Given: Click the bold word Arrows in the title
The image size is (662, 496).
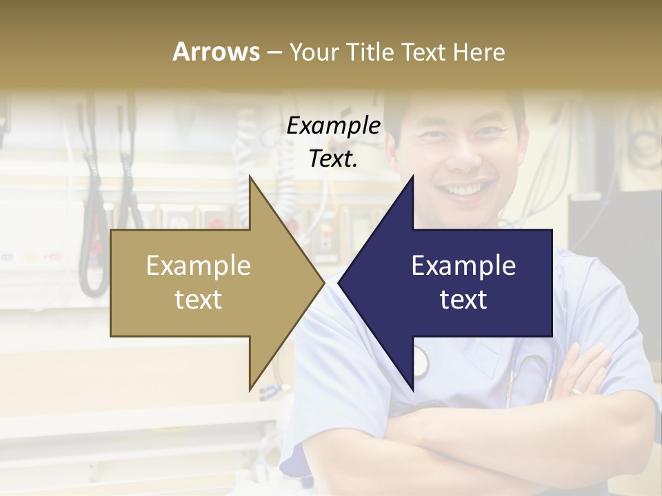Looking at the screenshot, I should [x=216, y=52].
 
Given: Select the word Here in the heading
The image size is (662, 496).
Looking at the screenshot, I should [x=479, y=52].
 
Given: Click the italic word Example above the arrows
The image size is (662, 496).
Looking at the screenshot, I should [x=333, y=126].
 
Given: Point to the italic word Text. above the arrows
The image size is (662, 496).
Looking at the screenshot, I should [x=333, y=159].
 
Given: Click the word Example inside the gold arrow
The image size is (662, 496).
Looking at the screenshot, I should [x=199, y=265].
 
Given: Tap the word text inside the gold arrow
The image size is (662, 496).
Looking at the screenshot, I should [x=199, y=300].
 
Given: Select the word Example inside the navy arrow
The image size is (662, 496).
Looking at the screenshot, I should [x=463, y=265].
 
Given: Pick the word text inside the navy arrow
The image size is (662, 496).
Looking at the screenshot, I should [x=463, y=300].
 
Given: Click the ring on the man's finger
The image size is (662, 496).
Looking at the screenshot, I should [x=576, y=391].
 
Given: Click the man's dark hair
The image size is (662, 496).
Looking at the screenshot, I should [x=455, y=103].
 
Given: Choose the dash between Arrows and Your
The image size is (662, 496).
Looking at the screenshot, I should [x=274, y=52].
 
